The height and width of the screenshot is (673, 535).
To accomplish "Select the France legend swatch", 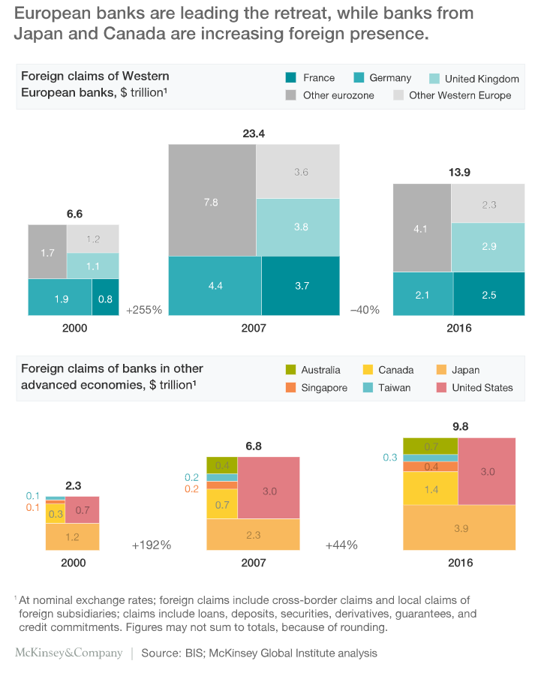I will click(x=291, y=77).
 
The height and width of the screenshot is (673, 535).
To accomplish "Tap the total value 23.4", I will click(x=254, y=134).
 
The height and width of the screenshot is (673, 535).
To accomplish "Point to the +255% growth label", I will click(x=144, y=309).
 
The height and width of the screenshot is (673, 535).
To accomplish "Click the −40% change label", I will click(x=365, y=309).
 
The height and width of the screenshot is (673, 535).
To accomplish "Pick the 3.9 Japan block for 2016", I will click(x=460, y=529).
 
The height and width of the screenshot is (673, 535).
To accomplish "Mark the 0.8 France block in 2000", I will click(x=105, y=298).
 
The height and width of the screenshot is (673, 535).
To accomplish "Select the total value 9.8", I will click(x=459, y=426).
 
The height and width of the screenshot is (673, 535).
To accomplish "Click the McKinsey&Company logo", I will click(x=68, y=653).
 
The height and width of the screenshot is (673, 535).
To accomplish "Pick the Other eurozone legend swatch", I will click(x=291, y=95).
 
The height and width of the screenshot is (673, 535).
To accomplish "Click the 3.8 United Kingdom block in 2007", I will click(x=298, y=227).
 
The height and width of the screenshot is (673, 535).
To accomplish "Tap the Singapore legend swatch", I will click(x=291, y=388).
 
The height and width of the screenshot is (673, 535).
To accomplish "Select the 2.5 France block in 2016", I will click(x=489, y=295).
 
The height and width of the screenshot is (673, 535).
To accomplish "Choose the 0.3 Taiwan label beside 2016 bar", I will click(x=390, y=457).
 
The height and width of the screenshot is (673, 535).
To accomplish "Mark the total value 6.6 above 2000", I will click(x=74, y=214).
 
